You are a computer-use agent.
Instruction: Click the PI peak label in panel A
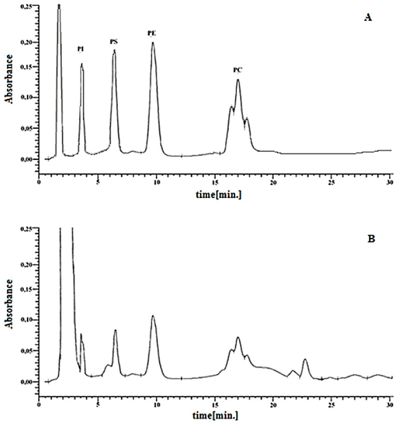point(80,49)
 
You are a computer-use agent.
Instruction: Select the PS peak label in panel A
point(114,41)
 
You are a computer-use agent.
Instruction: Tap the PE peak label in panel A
point(152,33)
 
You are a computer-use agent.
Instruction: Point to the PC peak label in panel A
point(238,70)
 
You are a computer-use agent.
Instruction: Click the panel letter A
point(368,17)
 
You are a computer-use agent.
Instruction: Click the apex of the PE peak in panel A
point(153,43)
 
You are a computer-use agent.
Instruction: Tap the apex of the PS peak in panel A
point(114,51)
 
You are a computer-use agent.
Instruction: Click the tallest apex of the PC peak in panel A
point(238,79)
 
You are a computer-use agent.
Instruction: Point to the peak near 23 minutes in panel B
point(304,359)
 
